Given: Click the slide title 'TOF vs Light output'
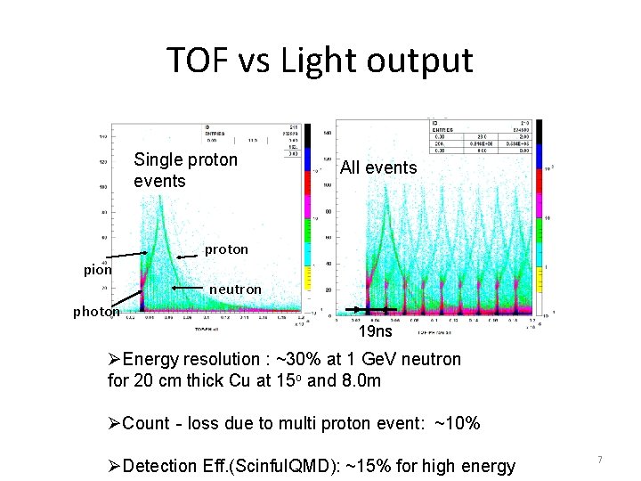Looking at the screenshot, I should pyautogui.click(x=320, y=61).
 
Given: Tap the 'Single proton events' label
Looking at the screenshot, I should pyautogui.click(x=185, y=170).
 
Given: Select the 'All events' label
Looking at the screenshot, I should pyautogui.click(x=378, y=167).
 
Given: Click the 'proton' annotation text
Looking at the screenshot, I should pyautogui.click(x=226, y=249).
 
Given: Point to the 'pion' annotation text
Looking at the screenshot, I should pyautogui.click(x=98, y=270).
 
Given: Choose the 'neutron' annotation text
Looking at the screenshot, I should pyautogui.click(x=235, y=289).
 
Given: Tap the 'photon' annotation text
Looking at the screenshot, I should pyautogui.click(x=96, y=312).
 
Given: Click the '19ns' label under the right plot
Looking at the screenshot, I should pyautogui.click(x=375, y=331).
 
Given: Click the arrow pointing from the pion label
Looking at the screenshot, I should pyautogui.click(x=124, y=263).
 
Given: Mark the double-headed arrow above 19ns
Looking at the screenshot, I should pyautogui.click(x=370, y=309).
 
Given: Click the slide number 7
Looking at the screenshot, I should pyautogui.click(x=599, y=460).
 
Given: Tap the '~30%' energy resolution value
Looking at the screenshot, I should pyautogui.click(x=294, y=360).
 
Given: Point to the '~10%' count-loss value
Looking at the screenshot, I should pyautogui.click(x=456, y=423).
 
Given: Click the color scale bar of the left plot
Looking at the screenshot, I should pyautogui.click(x=308, y=218).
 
